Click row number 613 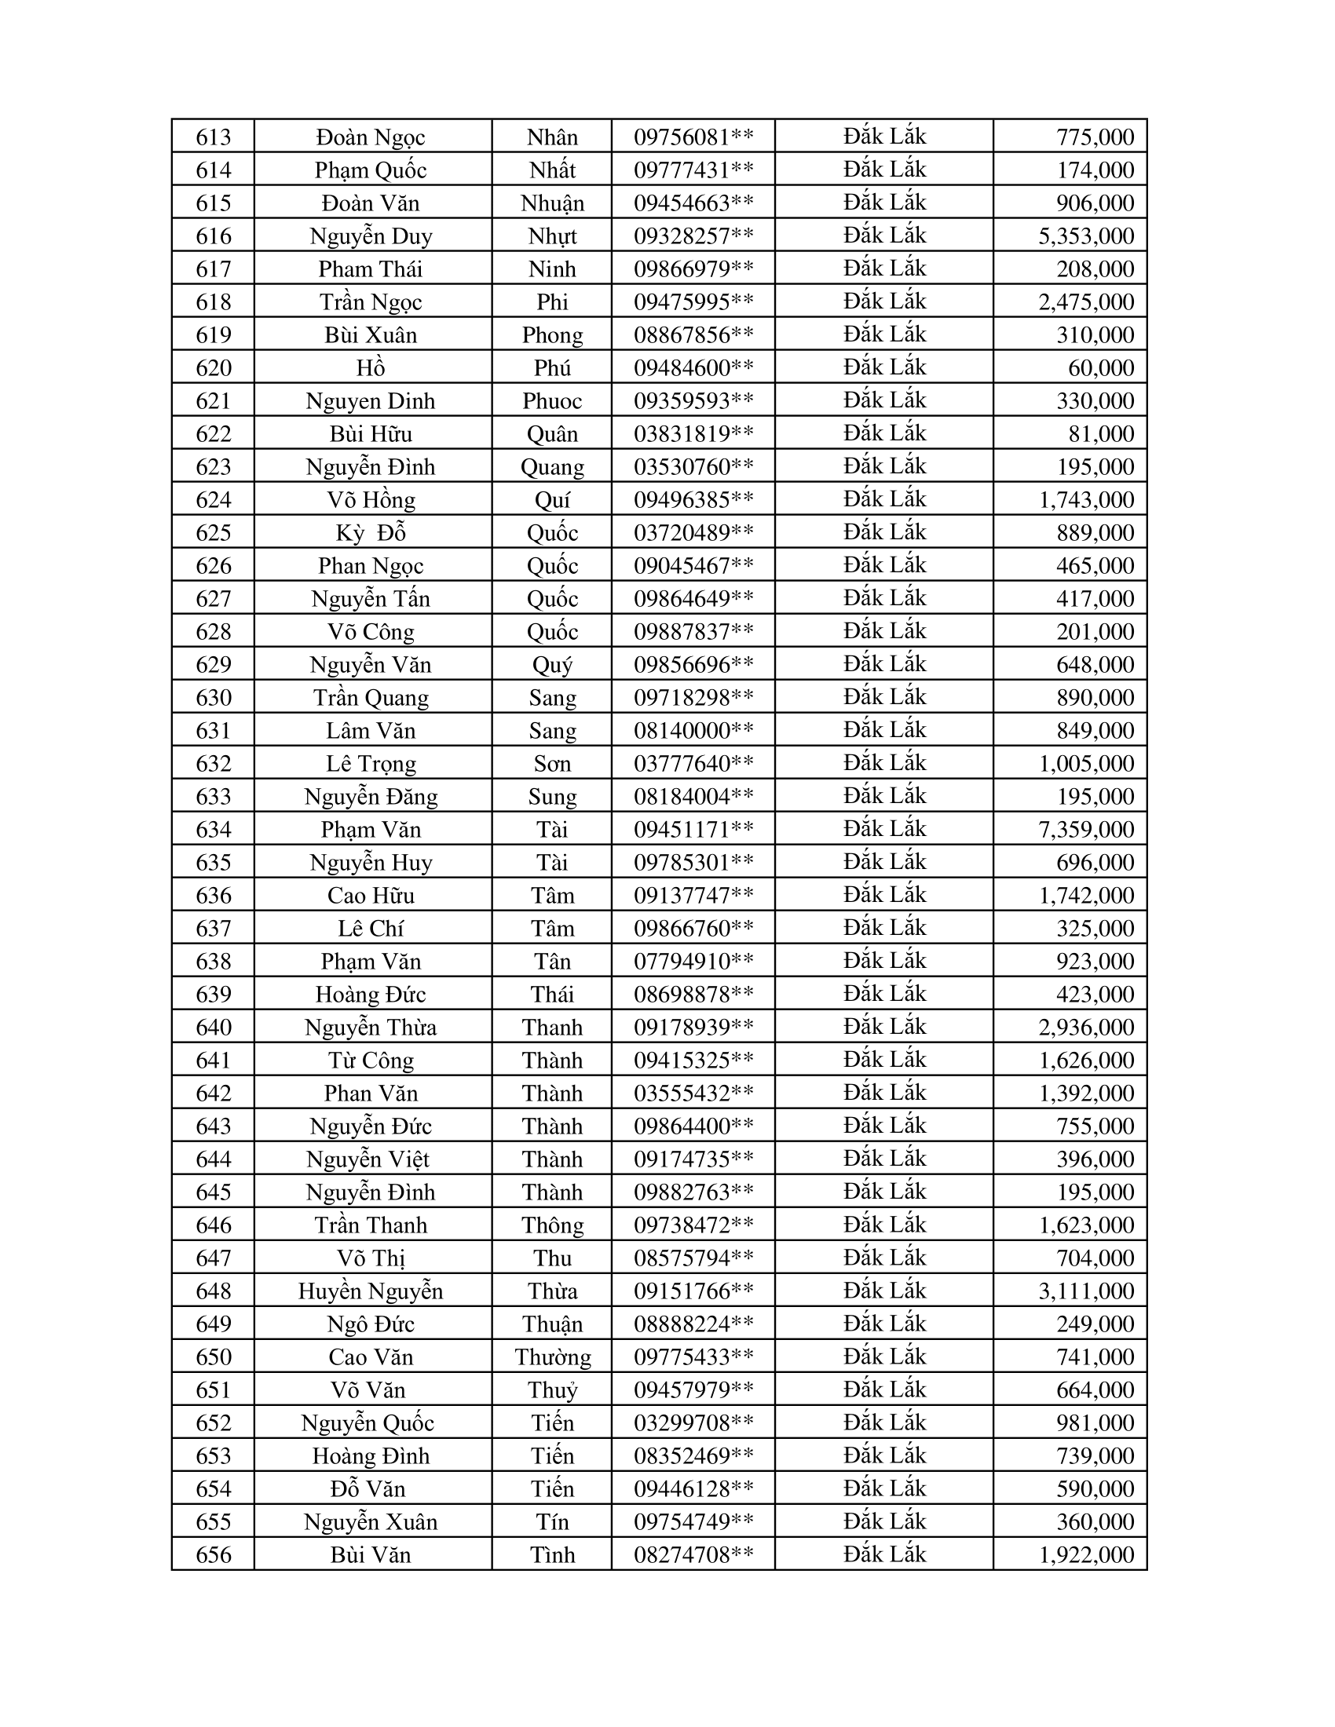click(x=214, y=137)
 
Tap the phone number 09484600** click(x=693, y=368)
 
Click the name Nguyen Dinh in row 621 click(x=370, y=402)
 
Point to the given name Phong click(x=552, y=335)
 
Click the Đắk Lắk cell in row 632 click(x=884, y=763)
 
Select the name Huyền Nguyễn click(x=370, y=1291)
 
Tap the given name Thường click(x=552, y=1357)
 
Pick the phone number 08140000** click(x=693, y=731)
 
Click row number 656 click(x=214, y=1554)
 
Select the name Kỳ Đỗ click(x=370, y=533)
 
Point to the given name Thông click(x=552, y=1225)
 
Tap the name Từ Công click(x=370, y=1061)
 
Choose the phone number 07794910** click(x=693, y=962)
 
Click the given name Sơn click(x=552, y=764)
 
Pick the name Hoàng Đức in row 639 click(x=370, y=995)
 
